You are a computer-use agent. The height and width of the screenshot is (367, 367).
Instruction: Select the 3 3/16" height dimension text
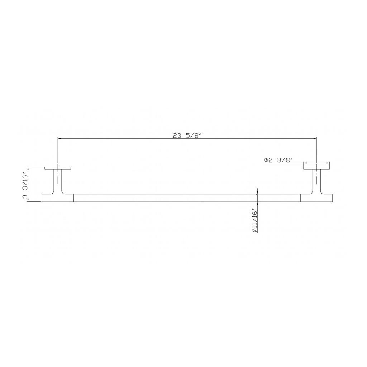25,184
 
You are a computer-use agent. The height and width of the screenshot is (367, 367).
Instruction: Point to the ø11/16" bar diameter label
255,220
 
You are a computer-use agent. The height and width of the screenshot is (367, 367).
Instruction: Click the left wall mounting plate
58,168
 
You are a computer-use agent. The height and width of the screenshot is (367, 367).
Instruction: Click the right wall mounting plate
316,168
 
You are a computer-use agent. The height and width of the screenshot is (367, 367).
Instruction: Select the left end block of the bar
58,198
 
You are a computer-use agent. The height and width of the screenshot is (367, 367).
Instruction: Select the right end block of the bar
316,198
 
